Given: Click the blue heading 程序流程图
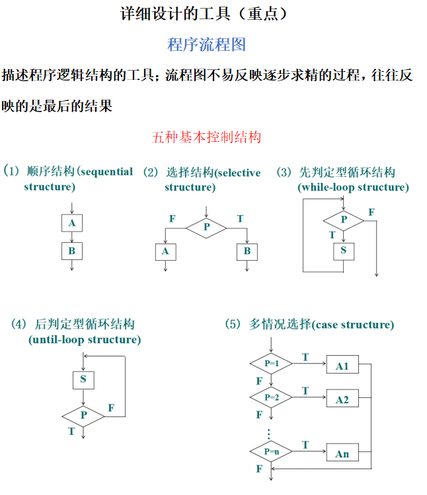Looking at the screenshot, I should pyautogui.click(x=207, y=44).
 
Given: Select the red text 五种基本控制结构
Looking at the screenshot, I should pyautogui.click(x=206, y=137).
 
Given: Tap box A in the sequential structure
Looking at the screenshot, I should pyautogui.click(x=71, y=223).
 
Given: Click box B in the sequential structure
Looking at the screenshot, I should pyautogui.click(x=71, y=251).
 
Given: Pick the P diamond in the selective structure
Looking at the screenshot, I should pyautogui.click(x=206, y=226).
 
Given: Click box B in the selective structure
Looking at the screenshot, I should pyautogui.click(x=247, y=251).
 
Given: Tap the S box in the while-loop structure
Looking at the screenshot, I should pyautogui.click(x=344, y=250).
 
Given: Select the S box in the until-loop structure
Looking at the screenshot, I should pyautogui.click(x=83, y=379).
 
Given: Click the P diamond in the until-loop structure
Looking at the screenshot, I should pyautogui.click(x=83, y=415).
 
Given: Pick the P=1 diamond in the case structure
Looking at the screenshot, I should pyautogui.click(x=272, y=364).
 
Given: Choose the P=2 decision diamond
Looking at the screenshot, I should pyautogui.click(x=272, y=397).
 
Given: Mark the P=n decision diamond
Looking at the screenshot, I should pyautogui.click(x=272, y=451).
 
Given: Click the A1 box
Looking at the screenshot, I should pyautogui.click(x=342, y=366).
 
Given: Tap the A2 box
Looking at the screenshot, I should pyautogui.click(x=342, y=399).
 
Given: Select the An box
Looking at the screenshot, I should pyautogui.click(x=342, y=454).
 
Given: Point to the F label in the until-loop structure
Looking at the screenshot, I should pyautogui.click(x=111, y=408).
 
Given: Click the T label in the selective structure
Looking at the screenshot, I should pyautogui.click(x=239, y=218).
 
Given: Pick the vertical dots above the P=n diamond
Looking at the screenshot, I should pyautogui.click(x=270, y=434).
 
